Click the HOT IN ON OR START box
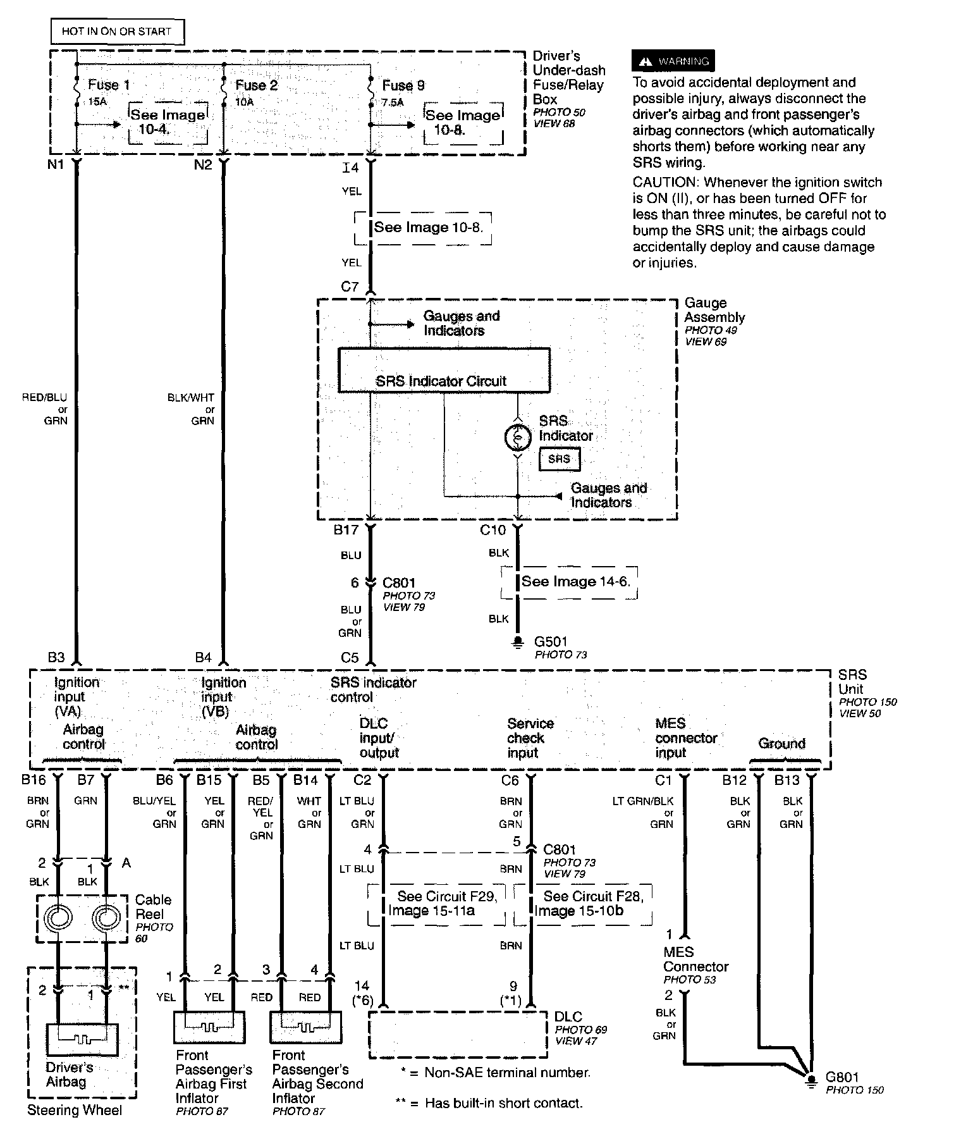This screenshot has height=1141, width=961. coord(117,31)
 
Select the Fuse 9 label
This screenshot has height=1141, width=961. coord(403,85)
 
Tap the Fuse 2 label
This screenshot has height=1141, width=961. coord(257,85)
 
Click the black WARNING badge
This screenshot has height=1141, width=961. coord(673,61)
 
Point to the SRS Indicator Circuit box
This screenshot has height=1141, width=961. coord(444,370)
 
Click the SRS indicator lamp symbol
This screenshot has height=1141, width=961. coord(518,436)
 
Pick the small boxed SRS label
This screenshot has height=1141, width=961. coord(559,459)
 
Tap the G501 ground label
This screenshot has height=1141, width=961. coord(551,642)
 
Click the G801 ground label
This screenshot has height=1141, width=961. coord(842,1076)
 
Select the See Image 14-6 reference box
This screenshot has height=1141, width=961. coord(575,582)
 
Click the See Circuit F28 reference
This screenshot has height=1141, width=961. coord(588,903)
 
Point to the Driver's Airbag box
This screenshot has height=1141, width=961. coord(82,1042)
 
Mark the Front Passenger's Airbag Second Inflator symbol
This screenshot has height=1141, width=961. coord(306,1027)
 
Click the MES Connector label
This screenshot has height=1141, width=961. coord(695,959)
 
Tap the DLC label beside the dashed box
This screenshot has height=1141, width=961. coord(568,1016)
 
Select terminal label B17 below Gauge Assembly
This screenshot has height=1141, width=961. coord(346,530)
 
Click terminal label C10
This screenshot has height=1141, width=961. coord(493,530)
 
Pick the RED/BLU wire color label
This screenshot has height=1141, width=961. coord(44,398)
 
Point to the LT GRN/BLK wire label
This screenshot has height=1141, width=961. coord(643,801)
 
